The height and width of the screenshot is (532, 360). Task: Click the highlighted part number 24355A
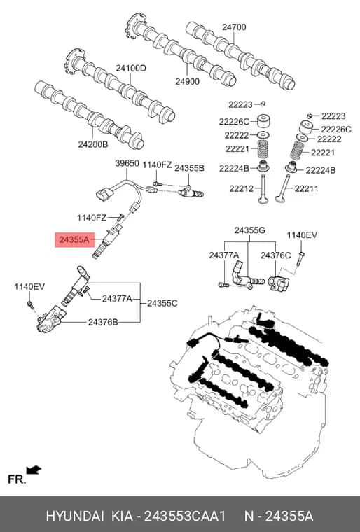tap(74, 240)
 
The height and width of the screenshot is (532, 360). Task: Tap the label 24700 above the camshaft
tap(234, 27)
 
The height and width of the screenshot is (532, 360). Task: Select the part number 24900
tap(187, 81)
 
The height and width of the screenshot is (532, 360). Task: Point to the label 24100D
tap(131, 68)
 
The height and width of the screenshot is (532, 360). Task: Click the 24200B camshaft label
tap(93, 144)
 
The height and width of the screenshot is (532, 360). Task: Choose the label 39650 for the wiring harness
tap(127, 163)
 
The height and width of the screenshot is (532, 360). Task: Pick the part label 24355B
tap(190, 168)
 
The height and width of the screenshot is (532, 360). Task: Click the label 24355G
tap(249, 230)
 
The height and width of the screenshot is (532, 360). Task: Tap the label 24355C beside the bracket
tap(162, 303)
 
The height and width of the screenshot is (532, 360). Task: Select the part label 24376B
tap(103, 321)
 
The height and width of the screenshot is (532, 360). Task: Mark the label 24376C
tap(275, 255)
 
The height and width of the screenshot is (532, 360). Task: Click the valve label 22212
tap(241, 188)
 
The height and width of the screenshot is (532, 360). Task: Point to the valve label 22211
tap(306, 188)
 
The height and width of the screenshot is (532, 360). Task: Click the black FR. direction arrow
tap(34, 470)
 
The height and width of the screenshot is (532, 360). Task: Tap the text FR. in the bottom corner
tap(17, 479)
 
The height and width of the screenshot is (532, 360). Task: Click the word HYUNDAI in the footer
tap(75, 516)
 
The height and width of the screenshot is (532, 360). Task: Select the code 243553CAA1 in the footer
tap(185, 516)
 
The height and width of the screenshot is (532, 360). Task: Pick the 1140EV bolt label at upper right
tap(302, 235)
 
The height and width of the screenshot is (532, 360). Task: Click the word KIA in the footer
tap(123, 516)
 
